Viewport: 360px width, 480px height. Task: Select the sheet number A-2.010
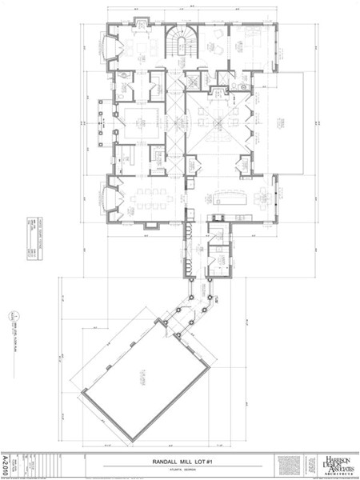coord(6,463)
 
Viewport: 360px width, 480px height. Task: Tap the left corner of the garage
coord(78,392)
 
